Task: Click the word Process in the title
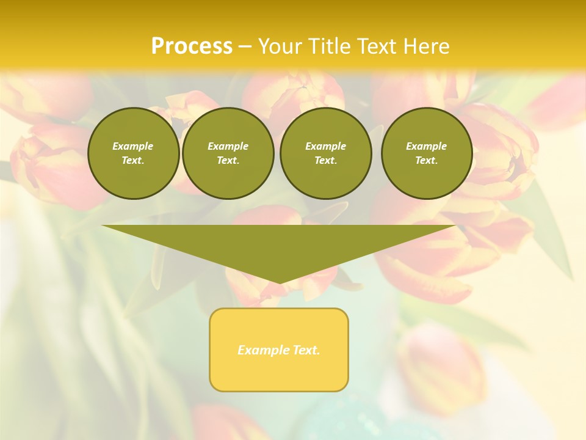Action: pyautogui.click(x=192, y=46)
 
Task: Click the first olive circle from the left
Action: pyautogui.click(x=133, y=153)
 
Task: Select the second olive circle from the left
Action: pyautogui.click(x=228, y=153)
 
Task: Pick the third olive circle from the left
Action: pyautogui.click(x=325, y=153)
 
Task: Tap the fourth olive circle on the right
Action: pyautogui.click(x=426, y=153)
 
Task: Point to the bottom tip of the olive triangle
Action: pyautogui.click(x=279, y=282)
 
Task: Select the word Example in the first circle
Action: pyautogui.click(x=133, y=146)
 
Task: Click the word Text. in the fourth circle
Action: pyautogui.click(x=426, y=160)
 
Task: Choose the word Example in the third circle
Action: pyautogui.click(x=325, y=146)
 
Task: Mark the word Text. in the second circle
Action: pyautogui.click(x=228, y=160)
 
